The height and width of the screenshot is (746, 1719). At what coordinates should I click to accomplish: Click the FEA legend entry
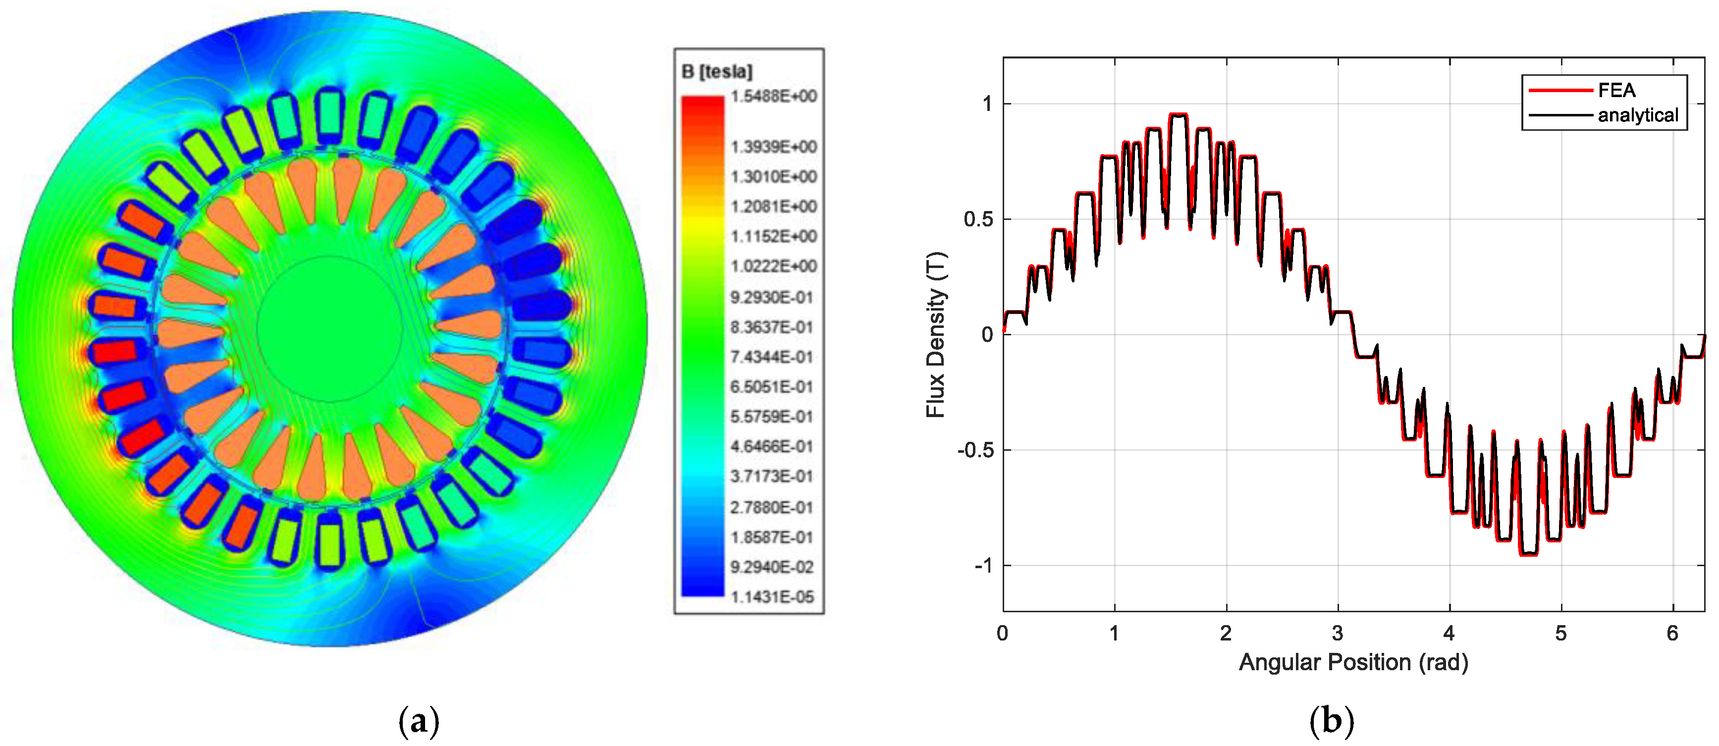point(1615,90)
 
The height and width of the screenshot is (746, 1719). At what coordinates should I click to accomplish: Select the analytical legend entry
point(1637,115)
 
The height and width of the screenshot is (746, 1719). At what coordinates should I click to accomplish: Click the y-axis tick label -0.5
point(974,450)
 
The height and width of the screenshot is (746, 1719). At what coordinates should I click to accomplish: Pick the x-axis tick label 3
point(1337,633)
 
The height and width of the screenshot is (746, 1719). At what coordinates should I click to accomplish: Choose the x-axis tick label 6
point(1672,633)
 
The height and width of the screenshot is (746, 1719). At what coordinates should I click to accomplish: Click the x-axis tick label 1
point(1114,633)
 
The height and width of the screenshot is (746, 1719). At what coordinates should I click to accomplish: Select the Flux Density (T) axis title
point(936,334)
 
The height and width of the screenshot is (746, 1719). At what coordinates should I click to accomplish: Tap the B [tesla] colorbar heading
point(717,71)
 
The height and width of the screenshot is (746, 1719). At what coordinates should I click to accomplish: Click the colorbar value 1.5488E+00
point(773,97)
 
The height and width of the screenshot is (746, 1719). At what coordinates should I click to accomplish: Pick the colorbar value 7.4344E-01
point(772,358)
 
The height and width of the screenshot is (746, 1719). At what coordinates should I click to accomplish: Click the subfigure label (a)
point(419,721)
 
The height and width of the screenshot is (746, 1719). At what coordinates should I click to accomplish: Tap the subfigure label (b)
point(1331,721)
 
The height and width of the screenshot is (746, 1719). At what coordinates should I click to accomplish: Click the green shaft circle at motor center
point(329,329)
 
